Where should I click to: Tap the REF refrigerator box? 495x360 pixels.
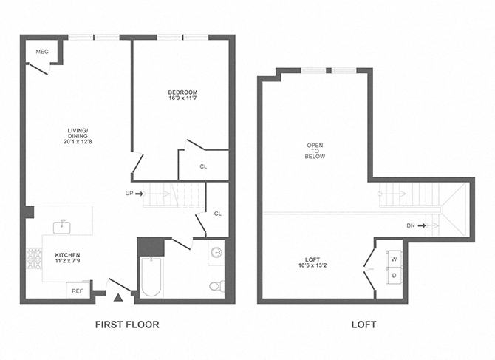point(77,291)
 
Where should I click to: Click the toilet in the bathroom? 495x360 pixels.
point(215,285)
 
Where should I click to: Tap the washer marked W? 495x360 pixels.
point(393,259)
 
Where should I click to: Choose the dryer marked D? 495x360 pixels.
point(393,276)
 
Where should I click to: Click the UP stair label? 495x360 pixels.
point(129,194)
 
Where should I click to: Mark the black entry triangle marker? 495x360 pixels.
point(118,298)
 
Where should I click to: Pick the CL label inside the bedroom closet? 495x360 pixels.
point(203,166)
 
